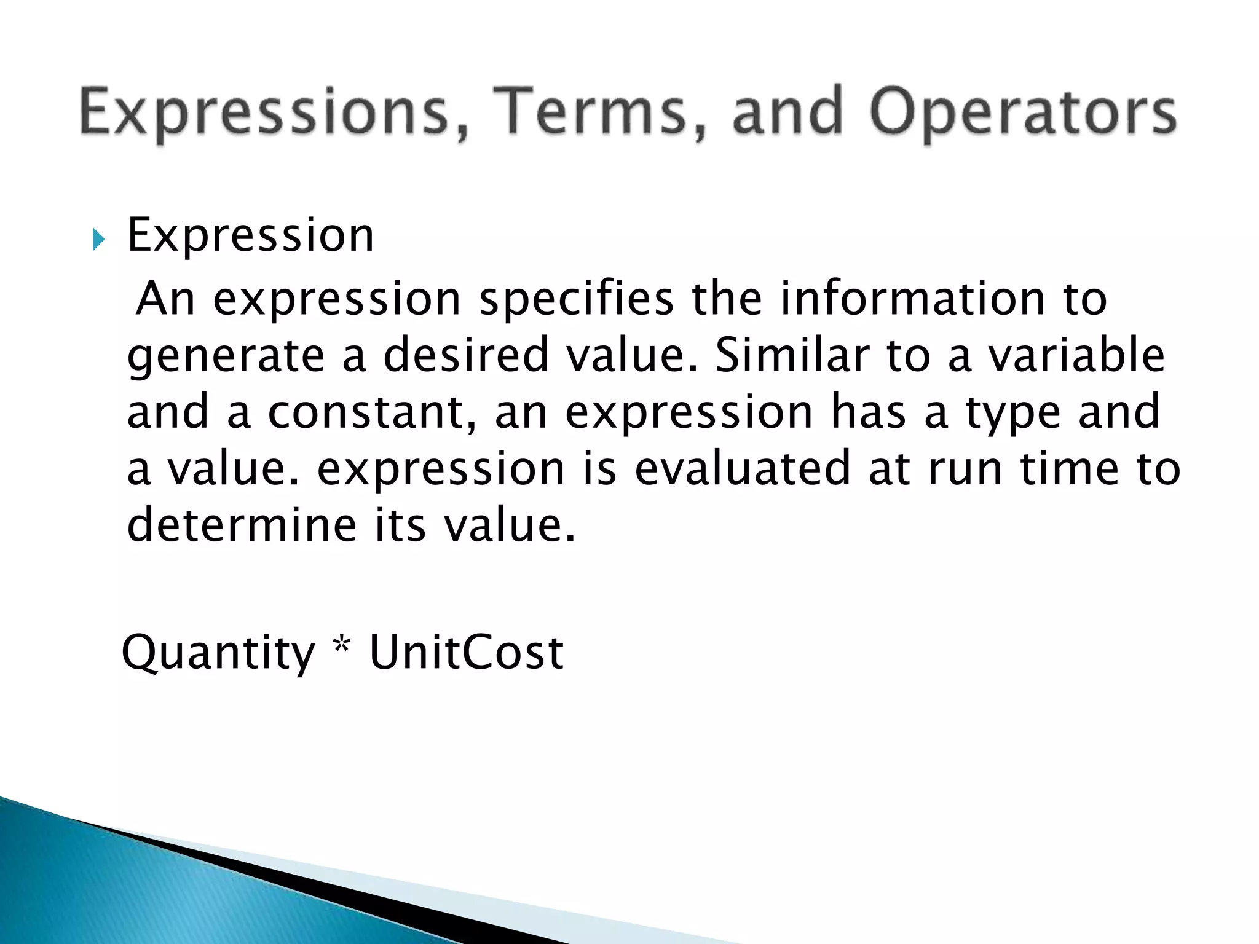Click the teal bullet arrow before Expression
(x=99, y=239)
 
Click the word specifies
(x=576, y=299)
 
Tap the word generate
(x=226, y=357)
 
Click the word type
(x=1012, y=414)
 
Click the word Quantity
(x=218, y=653)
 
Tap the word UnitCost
(x=466, y=652)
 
